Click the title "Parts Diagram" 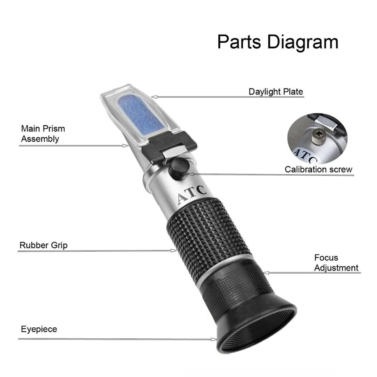point(278,42)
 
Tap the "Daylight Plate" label point(276,92)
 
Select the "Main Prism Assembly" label point(43,134)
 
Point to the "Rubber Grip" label point(43,245)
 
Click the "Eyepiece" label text point(39,329)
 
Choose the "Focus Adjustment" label point(336,263)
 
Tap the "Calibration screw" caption point(318,169)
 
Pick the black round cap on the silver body point(178,169)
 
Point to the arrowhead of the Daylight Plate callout point(154,97)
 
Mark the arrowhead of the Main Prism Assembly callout point(126,145)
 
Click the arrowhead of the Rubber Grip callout point(174,250)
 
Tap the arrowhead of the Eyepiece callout point(214,339)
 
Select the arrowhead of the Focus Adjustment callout point(266,273)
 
